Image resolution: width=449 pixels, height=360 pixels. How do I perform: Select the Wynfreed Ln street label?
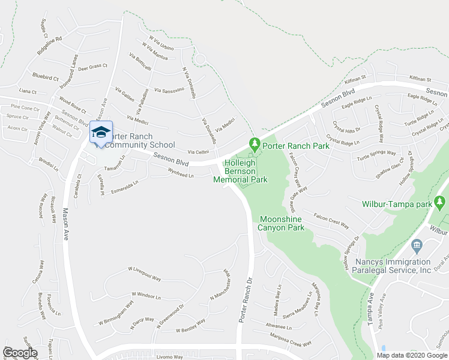tap(180, 175)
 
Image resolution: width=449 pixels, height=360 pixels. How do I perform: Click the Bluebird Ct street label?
tap(46, 77)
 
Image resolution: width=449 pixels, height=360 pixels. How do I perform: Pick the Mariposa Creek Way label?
tap(291, 340)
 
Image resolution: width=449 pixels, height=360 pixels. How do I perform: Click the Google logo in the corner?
tap(19, 353)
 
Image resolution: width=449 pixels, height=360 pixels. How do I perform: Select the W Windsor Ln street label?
tap(146, 296)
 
